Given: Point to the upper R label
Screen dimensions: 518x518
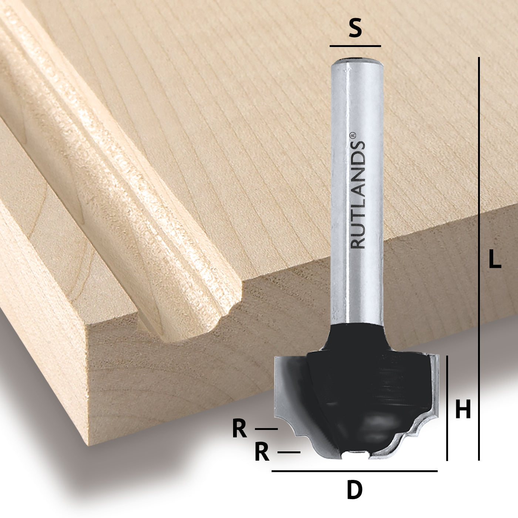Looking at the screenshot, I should tap(239, 430).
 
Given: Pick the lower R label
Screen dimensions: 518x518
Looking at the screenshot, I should tap(262, 453).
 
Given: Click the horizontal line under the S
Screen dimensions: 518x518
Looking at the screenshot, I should tap(355, 46).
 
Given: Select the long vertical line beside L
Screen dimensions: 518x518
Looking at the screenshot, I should tap(479, 259).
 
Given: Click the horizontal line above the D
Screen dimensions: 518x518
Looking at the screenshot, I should tap(354, 471).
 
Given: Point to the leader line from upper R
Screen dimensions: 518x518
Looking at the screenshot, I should tap(266, 429).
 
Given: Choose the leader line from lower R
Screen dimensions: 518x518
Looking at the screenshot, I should tap(289, 452).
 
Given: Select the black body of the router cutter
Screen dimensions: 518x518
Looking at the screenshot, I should tap(355, 388).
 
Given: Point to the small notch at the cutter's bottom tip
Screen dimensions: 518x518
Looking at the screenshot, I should tap(355, 454).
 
